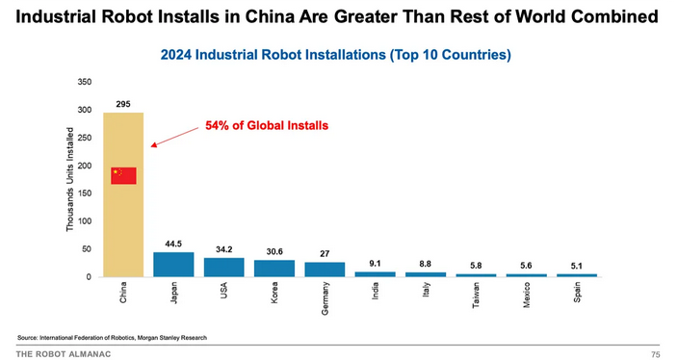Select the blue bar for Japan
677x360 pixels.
tap(173, 265)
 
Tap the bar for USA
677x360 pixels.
tap(223, 268)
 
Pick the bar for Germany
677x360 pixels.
tap(325, 270)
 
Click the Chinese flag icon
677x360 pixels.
tap(123, 175)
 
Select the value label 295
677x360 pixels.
tap(123, 103)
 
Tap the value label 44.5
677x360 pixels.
tap(173, 244)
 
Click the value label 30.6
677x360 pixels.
tap(273, 251)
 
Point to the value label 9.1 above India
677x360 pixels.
tap(375, 263)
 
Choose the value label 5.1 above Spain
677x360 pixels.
tap(576, 265)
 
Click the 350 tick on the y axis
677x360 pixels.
tap(85, 82)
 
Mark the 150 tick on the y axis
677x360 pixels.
tap(85, 193)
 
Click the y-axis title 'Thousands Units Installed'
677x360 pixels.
tap(70, 179)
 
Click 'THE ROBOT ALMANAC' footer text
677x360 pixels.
tap(63, 353)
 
